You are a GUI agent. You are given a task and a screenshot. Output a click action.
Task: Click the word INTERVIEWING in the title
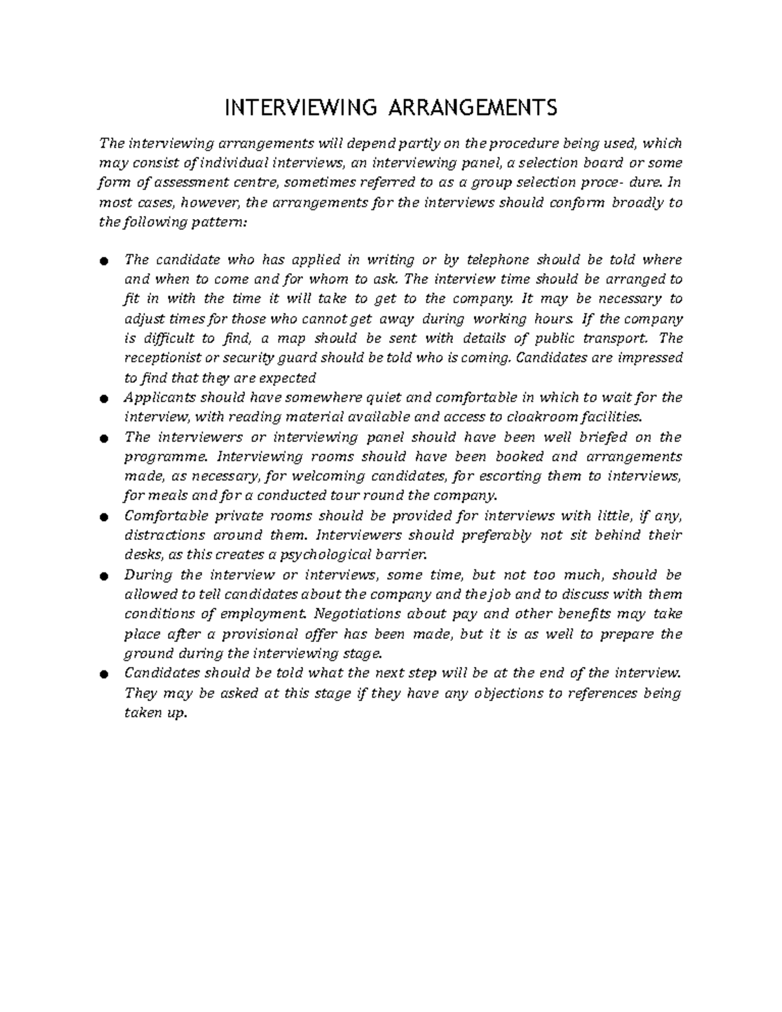pyautogui.click(x=300, y=107)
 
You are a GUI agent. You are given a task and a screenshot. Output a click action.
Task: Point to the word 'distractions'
pyautogui.click(x=163, y=535)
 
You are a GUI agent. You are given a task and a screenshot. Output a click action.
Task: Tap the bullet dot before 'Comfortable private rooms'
pyautogui.click(x=103, y=517)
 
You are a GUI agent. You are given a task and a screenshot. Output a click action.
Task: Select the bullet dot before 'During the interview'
pyautogui.click(x=103, y=576)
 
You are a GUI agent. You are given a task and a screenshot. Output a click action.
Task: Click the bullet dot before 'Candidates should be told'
pyautogui.click(x=103, y=675)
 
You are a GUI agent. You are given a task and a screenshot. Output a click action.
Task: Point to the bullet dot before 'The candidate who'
pyautogui.click(x=103, y=261)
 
